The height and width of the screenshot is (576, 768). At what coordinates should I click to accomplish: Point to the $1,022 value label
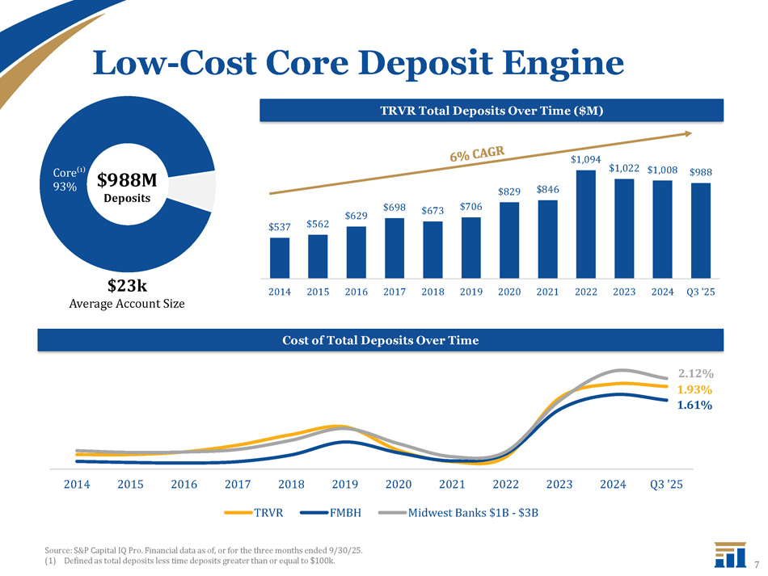pyautogui.click(x=625, y=168)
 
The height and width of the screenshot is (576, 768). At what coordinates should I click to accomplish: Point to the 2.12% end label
pyautogui.click(x=696, y=374)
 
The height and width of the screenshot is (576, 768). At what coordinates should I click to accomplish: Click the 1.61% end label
pyautogui.click(x=694, y=406)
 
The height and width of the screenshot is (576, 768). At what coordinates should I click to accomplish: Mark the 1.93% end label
pyautogui.click(x=694, y=389)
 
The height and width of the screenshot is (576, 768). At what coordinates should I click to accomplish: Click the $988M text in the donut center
pyautogui.click(x=132, y=180)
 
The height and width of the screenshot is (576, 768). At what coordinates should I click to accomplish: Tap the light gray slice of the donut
pyautogui.click(x=205, y=190)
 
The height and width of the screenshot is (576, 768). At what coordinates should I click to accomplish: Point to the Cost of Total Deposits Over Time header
pyautogui.click(x=380, y=340)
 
